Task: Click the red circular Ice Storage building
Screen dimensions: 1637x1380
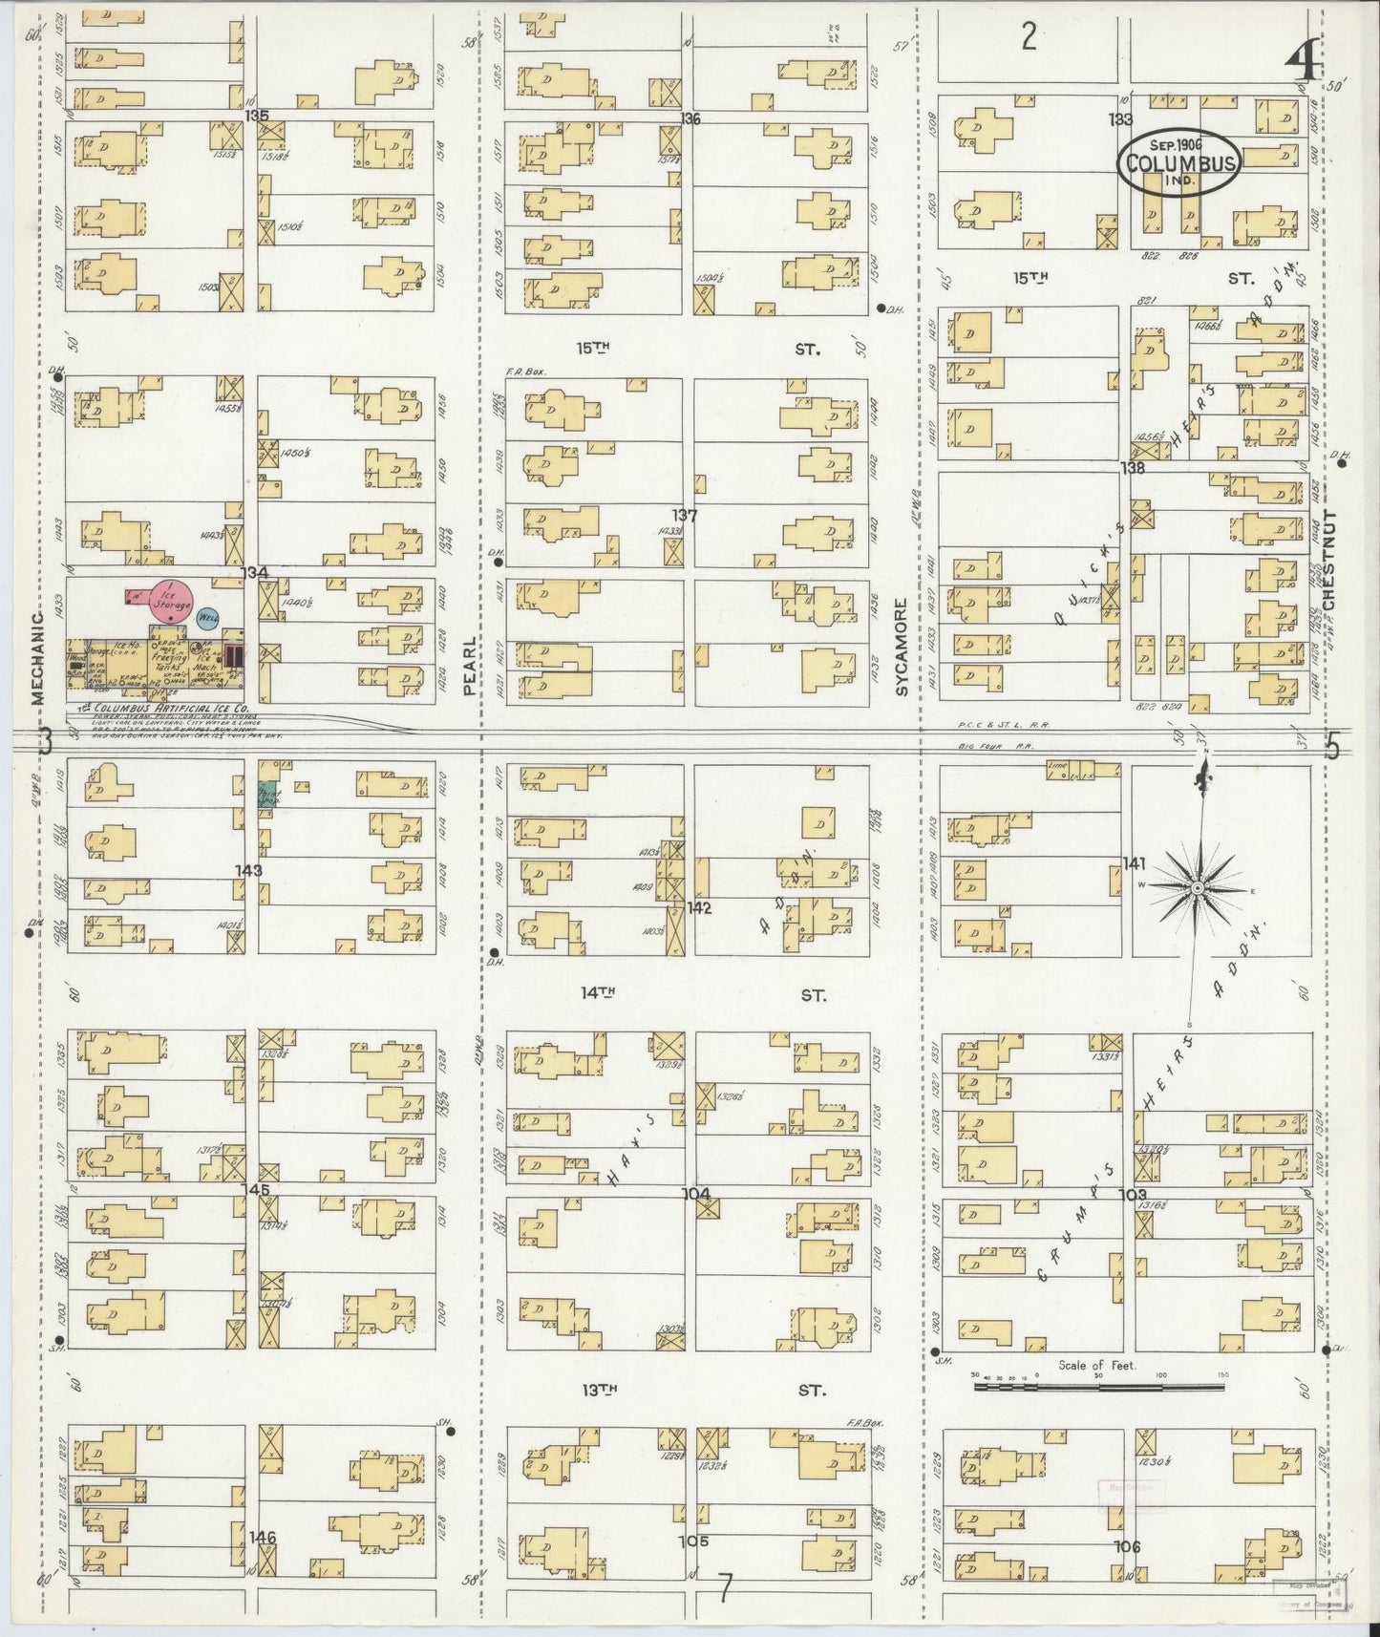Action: point(172,599)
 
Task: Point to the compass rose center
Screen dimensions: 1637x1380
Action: point(1196,889)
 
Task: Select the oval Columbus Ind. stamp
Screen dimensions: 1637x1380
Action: point(1180,162)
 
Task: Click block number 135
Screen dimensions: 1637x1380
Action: point(256,116)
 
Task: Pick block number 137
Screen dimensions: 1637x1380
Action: point(684,516)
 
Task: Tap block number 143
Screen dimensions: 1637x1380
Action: point(249,870)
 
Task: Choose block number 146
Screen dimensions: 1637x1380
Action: point(263,1564)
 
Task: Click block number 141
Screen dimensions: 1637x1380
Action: point(1134,863)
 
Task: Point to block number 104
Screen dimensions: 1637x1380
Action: point(696,1194)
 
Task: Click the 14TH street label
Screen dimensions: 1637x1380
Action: point(597,993)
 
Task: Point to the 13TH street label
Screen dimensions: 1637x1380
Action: point(597,1391)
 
